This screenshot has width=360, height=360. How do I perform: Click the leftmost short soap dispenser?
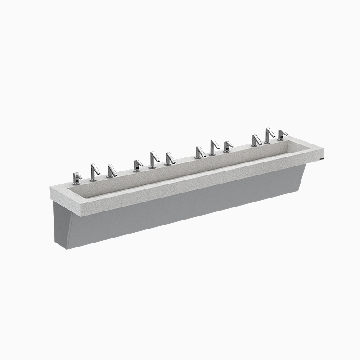click(x=77, y=178)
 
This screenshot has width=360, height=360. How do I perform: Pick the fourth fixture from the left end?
click(x=137, y=166)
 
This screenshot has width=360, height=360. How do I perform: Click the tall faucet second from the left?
click(x=153, y=160)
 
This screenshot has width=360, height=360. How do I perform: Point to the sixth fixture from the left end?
click(x=170, y=159)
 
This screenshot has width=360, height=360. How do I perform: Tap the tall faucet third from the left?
click(x=213, y=147)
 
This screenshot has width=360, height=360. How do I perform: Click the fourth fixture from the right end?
click(x=228, y=146)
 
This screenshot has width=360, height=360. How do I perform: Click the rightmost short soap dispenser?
click(x=282, y=135)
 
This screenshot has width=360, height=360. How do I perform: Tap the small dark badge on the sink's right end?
click(x=320, y=158)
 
